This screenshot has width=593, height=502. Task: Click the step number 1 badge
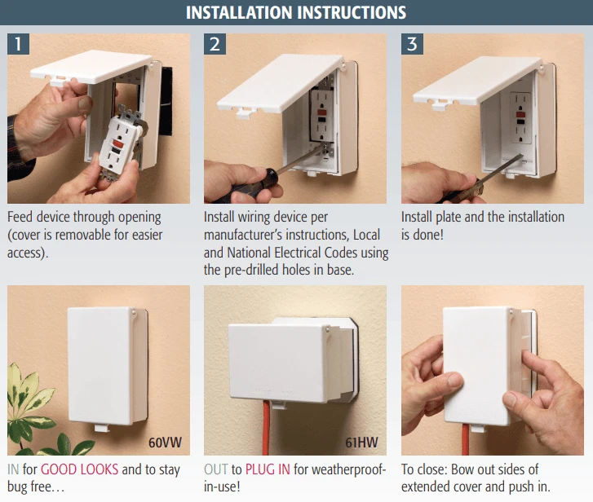[18, 44]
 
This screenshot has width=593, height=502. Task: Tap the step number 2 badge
[215, 44]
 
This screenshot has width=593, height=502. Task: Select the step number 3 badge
[412, 44]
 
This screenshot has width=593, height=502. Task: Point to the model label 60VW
[165, 443]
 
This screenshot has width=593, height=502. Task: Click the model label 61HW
[361, 443]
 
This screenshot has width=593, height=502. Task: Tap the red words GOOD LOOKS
[79, 469]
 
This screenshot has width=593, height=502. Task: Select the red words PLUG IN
[268, 469]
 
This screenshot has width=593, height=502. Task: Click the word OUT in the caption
[216, 469]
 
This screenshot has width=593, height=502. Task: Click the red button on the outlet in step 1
[116, 145]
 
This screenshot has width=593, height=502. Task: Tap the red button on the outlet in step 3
[520, 114]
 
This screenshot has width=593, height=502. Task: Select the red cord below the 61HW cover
[266, 428]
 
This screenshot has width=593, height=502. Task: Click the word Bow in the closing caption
[464, 469]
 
